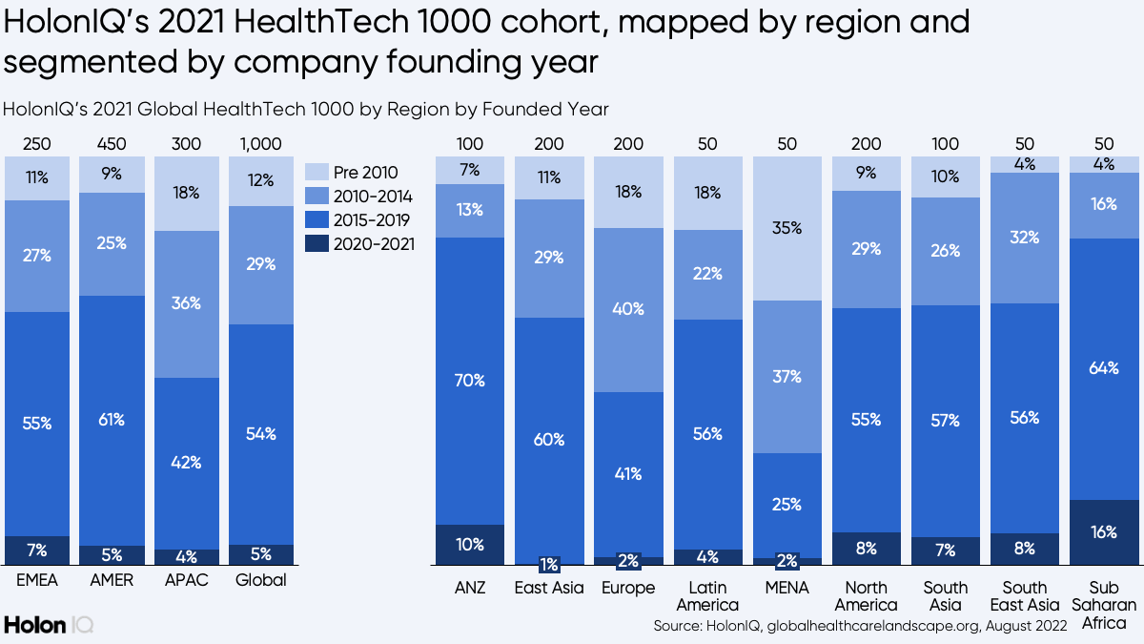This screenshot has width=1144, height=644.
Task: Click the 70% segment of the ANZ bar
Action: [x=469, y=381]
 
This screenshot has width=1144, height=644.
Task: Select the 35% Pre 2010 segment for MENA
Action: [x=786, y=229]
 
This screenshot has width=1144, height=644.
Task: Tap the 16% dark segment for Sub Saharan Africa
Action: [x=1103, y=532]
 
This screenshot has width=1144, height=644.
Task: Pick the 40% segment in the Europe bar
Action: [x=627, y=309]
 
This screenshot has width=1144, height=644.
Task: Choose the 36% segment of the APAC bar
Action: [x=186, y=303]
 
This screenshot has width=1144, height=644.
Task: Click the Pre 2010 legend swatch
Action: [x=317, y=173]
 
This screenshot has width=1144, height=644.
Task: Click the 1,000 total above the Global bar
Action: [x=261, y=144]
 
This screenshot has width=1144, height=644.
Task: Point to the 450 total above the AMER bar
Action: [x=112, y=144]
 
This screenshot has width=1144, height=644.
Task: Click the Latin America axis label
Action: [x=706, y=596]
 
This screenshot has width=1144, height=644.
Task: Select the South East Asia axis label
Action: [x=1025, y=596]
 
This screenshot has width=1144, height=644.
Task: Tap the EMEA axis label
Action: [x=37, y=580]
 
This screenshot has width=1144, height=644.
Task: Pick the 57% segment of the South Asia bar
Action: [x=946, y=420]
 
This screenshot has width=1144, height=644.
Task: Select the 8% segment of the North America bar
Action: [x=866, y=549]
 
